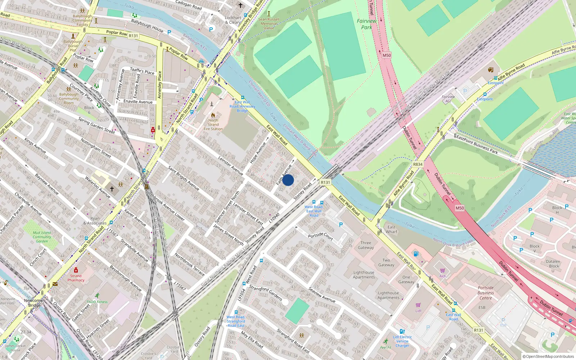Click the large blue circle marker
pos(288,180)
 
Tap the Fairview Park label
pos(366,24)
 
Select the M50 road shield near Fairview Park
pos(387,55)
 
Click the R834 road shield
pos(418,164)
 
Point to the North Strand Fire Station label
pos(213,125)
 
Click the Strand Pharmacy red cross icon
pos(76,270)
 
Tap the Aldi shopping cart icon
pos(442,270)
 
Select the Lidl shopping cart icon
pos(418,305)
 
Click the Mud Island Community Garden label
pos(42,237)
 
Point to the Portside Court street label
pos(320,236)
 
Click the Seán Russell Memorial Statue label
pos(269,23)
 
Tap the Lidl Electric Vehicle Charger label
pos(402,341)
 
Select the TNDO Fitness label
pos(97,302)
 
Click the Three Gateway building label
pos(366,245)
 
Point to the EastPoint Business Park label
pos(477,145)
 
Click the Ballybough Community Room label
pos(69,98)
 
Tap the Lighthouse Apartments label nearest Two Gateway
pos(364,275)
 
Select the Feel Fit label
pos(386,347)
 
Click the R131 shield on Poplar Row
pos(133,36)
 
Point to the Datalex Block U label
pos(553,266)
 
